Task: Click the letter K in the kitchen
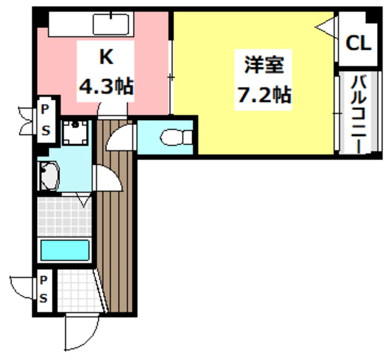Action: click(107, 58)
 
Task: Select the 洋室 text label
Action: click(261, 64)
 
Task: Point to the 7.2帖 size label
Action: click(261, 95)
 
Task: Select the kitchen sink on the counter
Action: click(110, 25)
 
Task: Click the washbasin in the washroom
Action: click(49, 176)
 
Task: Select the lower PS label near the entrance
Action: click(44, 290)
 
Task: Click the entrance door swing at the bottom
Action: click(80, 334)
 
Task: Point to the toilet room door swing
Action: click(121, 136)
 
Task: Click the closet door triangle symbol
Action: click(324, 28)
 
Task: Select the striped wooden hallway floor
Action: click(115, 242)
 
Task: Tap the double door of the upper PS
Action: click(28, 119)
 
